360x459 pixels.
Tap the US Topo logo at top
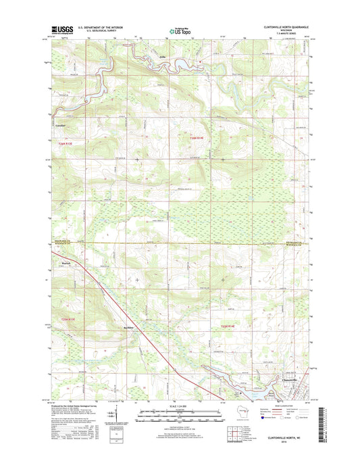179,30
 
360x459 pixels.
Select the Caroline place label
60,125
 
